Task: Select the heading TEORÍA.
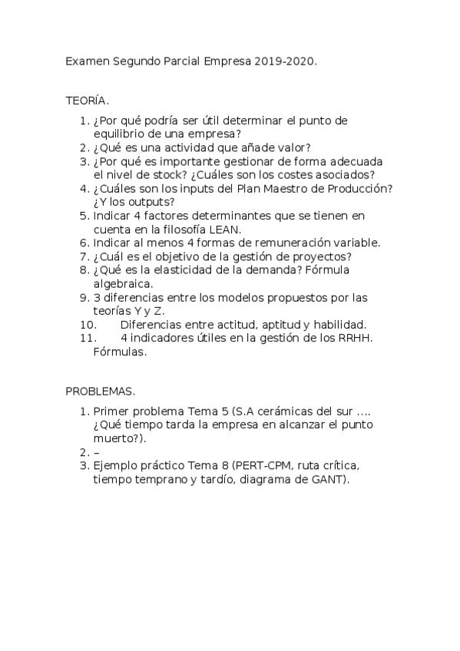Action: [87, 101]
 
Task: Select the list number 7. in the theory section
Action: [84, 256]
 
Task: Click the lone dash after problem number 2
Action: [95, 452]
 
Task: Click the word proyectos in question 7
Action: [326, 256]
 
